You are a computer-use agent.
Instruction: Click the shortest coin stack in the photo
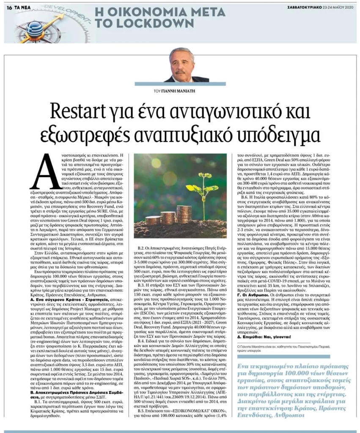point(151,220)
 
